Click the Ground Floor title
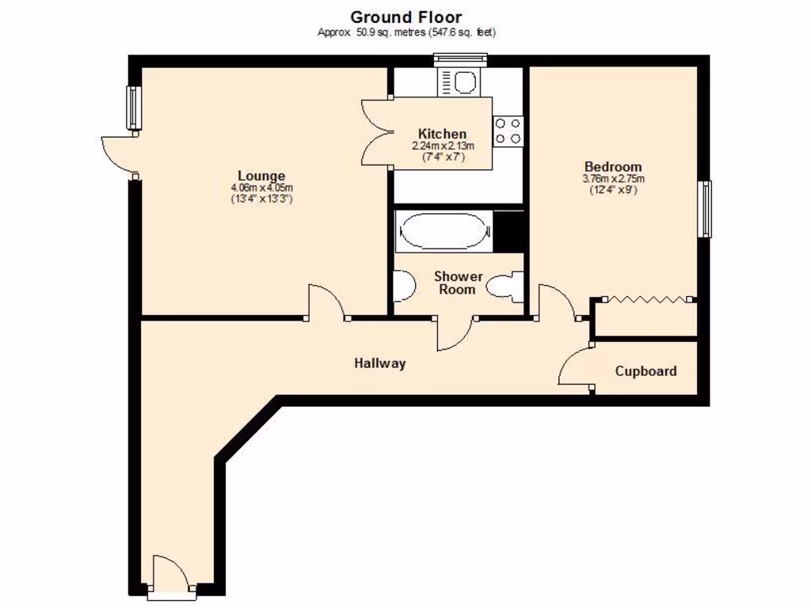(x=405, y=16)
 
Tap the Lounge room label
(x=261, y=176)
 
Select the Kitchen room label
(x=442, y=134)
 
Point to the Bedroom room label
(x=612, y=167)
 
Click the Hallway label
(x=379, y=363)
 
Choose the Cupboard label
(x=645, y=370)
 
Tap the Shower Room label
(x=458, y=283)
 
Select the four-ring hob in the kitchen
(x=508, y=131)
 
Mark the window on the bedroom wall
(x=704, y=209)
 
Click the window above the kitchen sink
(x=459, y=57)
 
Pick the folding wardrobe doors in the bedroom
(x=647, y=299)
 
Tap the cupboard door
(x=576, y=367)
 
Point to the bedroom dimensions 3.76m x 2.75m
(x=612, y=179)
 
